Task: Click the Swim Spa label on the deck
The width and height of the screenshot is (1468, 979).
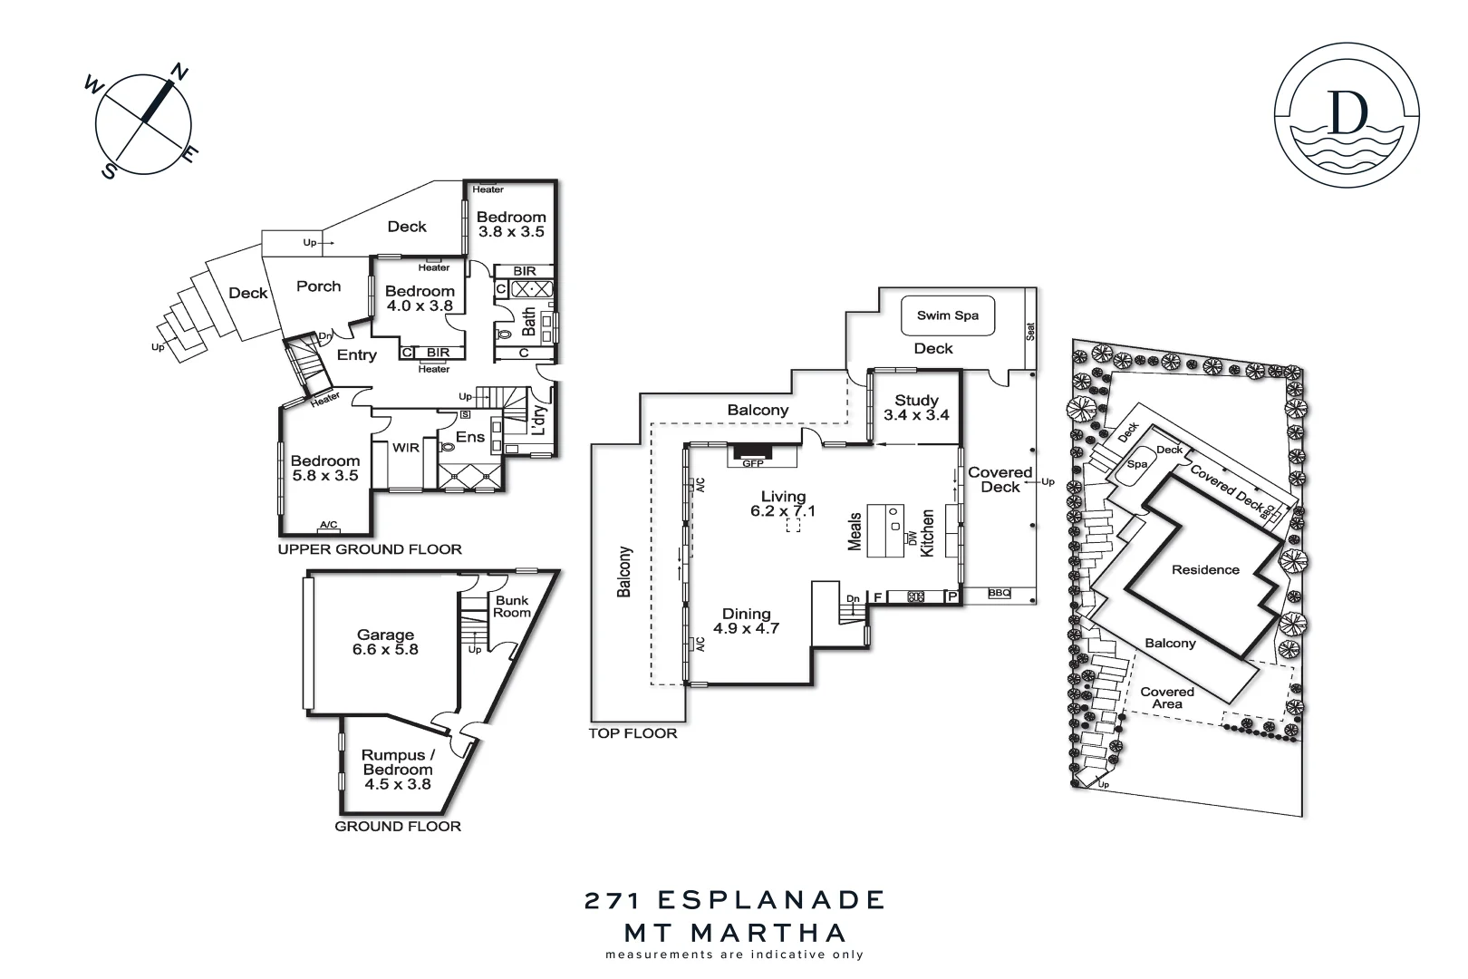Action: point(947,315)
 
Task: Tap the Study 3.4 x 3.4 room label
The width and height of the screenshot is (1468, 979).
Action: point(916,408)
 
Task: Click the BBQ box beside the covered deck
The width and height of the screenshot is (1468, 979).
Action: point(999,593)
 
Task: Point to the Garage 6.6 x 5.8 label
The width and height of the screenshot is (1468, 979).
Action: point(385,642)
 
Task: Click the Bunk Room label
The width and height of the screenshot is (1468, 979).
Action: point(512,606)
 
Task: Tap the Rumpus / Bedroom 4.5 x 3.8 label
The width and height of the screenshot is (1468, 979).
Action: point(398,770)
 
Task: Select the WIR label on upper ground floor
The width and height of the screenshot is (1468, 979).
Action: point(406,448)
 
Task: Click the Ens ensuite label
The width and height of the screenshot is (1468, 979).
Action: point(469,437)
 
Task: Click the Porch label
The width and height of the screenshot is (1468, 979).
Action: point(319,286)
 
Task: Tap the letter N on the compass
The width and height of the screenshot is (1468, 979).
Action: point(179,73)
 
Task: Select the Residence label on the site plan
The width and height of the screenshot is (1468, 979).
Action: point(1205,570)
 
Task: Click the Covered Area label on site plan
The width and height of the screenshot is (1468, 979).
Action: point(1167,698)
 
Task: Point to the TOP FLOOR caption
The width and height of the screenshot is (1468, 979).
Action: point(633,733)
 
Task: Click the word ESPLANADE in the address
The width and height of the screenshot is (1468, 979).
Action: point(770,900)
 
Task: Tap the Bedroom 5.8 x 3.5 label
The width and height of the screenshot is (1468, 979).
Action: point(325,468)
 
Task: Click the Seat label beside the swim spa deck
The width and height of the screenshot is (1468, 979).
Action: point(1030,332)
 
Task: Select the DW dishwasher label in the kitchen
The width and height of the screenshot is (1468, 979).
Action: point(912,538)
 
